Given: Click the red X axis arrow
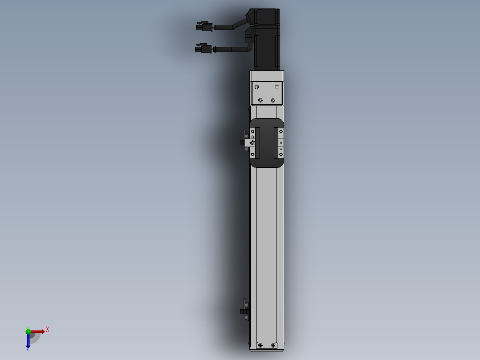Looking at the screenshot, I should click(x=38, y=331).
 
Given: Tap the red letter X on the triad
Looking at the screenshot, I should click(x=48, y=329).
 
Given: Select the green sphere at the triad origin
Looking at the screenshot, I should click(x=28, y=331).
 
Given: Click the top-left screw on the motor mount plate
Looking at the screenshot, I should click(x=256, y=86).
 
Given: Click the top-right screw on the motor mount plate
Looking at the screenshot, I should click(x=277, y=86).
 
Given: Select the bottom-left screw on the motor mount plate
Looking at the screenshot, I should click(x=261, y=100).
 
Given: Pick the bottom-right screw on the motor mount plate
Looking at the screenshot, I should click(x=273, y=100).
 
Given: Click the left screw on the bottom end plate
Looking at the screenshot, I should click(x=261, y=345).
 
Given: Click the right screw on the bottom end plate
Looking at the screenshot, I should click(x=273, y=345).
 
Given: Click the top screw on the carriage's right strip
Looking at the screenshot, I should click(x=281, y=131).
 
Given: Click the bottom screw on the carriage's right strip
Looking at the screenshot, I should click(x=281, y=154).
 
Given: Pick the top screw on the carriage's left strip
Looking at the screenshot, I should click(x=252, y=131).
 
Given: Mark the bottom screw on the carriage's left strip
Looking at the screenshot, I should click(x=252, y=154).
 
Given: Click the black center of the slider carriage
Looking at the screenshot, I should click(x=267, y=143).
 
